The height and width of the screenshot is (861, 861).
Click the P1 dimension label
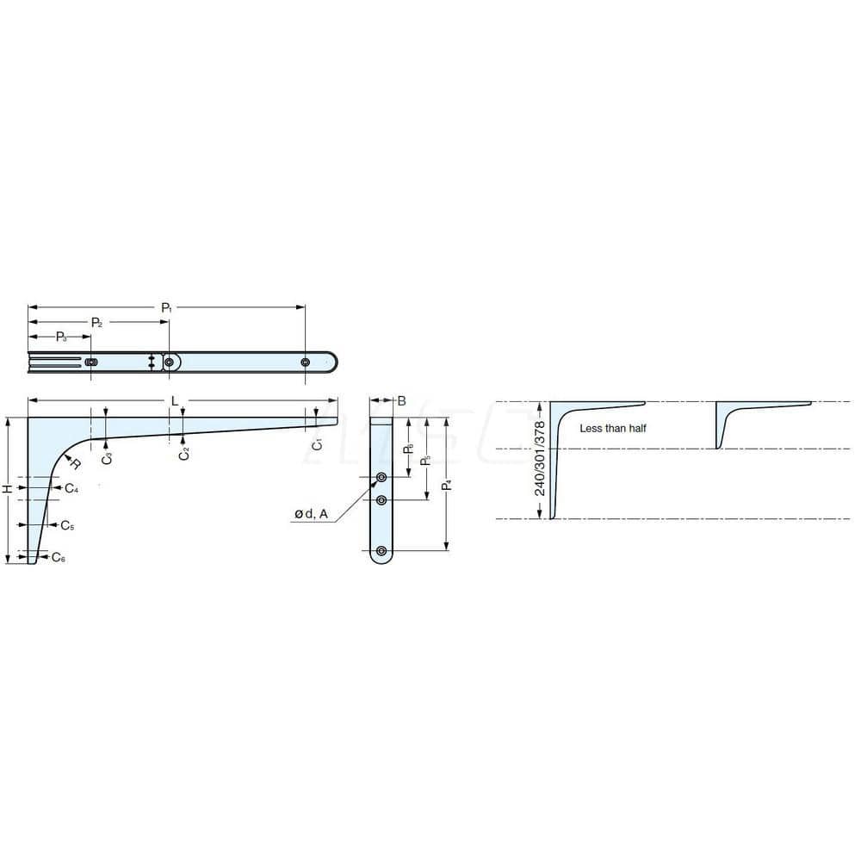(167, 307)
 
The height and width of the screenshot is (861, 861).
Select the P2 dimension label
(97, 322)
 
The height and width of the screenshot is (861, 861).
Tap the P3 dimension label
(63, 336)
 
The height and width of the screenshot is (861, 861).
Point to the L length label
(175, 401)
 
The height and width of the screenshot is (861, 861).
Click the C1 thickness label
(317, 444)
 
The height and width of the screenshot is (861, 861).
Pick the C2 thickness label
(183, 453)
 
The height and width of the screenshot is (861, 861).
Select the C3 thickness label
(106, 458)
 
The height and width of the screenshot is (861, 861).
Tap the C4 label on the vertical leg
(71, 488)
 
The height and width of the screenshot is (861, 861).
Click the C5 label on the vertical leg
(67, 525)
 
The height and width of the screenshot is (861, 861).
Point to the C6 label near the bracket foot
(58, 558)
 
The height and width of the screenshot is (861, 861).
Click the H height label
(8, 489)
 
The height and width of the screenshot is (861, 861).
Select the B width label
(402, 400)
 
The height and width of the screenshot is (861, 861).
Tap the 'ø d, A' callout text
(311, 514)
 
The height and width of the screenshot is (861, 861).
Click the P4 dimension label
(446, 485)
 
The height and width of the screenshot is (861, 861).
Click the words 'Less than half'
(612, 428)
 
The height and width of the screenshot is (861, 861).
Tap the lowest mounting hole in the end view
(381, 550)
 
